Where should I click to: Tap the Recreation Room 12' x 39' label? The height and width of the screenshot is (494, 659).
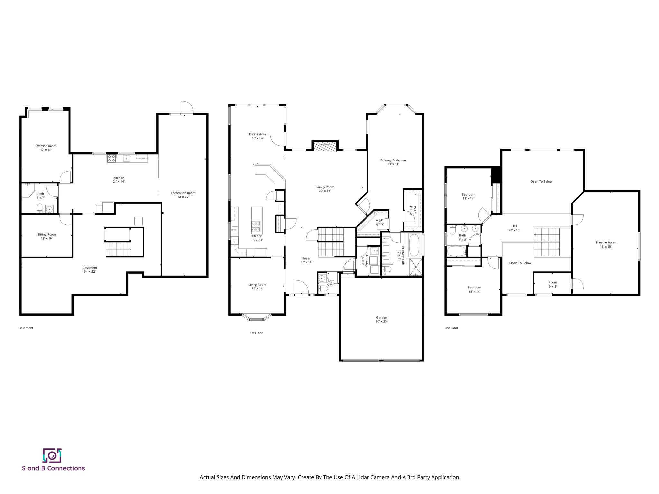point(183,195)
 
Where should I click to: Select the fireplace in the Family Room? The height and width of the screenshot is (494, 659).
point(325,147)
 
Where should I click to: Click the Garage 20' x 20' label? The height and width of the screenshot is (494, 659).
point(381,319)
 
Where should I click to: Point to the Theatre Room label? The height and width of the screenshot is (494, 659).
point(605,244)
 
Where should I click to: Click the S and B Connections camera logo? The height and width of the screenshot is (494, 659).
point(52,455)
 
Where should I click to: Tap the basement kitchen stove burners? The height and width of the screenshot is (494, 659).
point(111,158)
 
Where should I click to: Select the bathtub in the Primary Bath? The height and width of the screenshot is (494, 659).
point(414,245)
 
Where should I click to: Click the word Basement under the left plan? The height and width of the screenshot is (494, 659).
point(26,328)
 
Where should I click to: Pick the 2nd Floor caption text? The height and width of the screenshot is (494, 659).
point(451,328)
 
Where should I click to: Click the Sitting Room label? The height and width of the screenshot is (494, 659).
point(46,236)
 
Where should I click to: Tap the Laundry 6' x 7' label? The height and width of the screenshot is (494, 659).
point(365,261)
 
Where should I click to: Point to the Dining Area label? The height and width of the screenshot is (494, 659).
point(257,136)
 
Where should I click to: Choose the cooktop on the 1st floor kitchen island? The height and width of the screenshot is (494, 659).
point(256,226)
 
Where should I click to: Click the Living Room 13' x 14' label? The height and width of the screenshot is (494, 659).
point(257,287)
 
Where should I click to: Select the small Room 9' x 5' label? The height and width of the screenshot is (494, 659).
point(552,284)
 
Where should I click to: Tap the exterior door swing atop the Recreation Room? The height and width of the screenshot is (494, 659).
point(186,108)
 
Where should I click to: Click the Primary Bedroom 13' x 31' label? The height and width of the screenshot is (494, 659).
point(393,162)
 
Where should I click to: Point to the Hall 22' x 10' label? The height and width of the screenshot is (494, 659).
point(514,228)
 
